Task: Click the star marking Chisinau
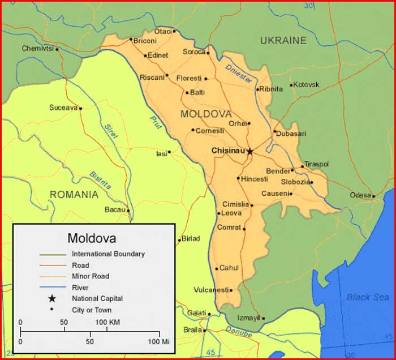click(249, 151)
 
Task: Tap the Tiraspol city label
click(316, 164)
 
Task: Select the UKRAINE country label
click(283, 40)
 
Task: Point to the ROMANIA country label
click(74, 195)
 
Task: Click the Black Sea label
click(368, 297)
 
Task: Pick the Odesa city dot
click(373, 196)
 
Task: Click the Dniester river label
click(239, 74)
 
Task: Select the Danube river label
click(238, 332)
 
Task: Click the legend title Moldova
click(92, 238)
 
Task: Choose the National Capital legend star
click(52, 298)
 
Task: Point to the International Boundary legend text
click(108, 254)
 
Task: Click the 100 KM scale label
click(107, 322)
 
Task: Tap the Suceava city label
click(62, 108)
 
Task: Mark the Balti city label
click(197, 92)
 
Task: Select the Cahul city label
click(229, 268)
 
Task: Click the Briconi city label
click(145, 41)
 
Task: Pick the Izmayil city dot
click(263, 318)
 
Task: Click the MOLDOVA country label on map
click(206, 114)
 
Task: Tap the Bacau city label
click(115, 209)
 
